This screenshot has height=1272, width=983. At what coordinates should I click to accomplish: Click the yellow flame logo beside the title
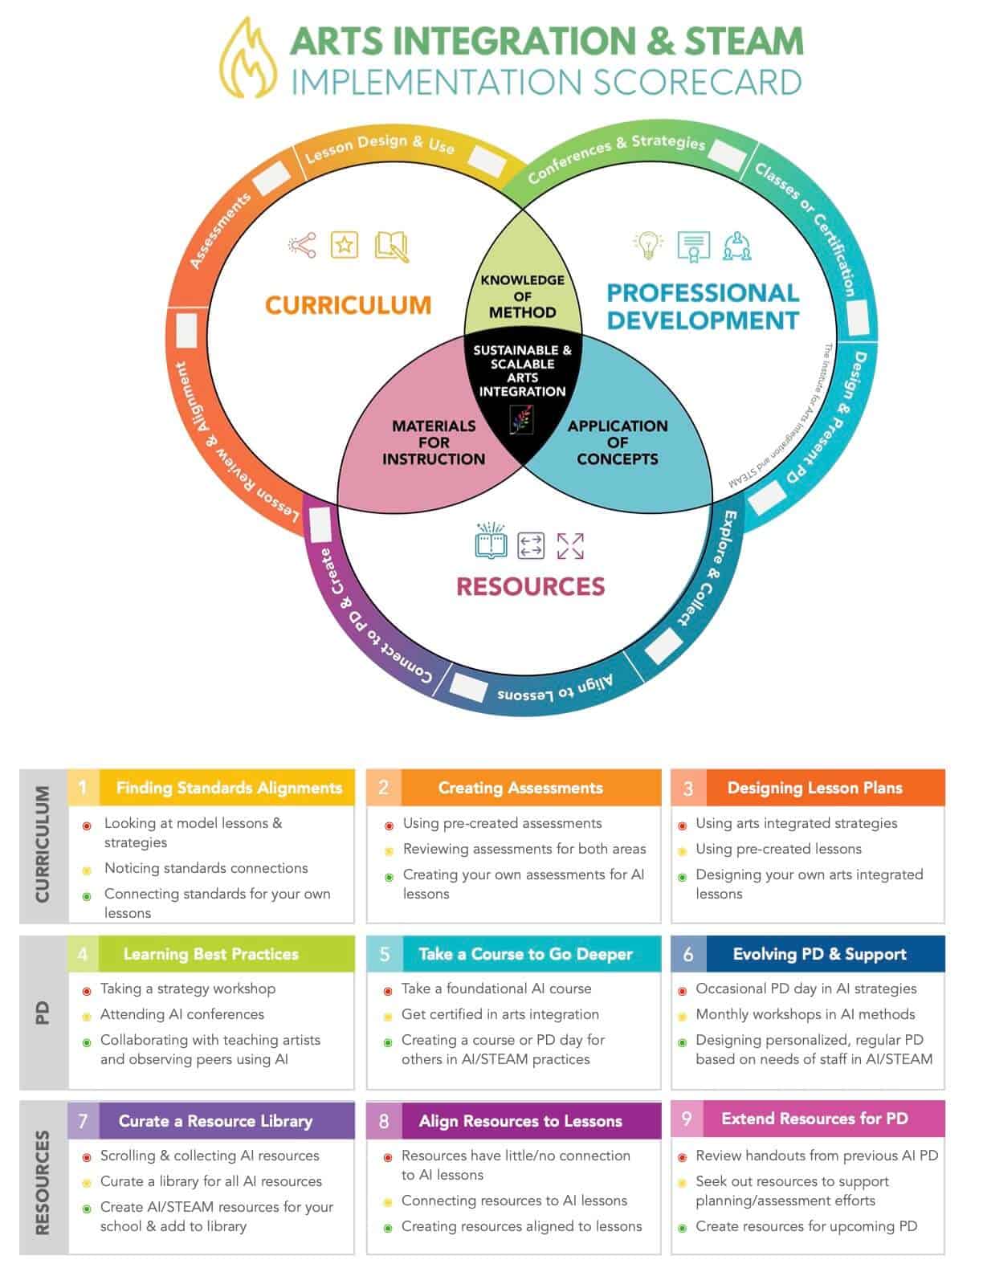pyautogui.click(x=247, y=59)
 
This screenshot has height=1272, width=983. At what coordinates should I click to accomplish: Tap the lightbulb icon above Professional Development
pyautogui.click(x=647, y=245)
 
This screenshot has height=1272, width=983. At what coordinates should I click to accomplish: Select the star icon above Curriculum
pyautogui.click(x=345, y=245)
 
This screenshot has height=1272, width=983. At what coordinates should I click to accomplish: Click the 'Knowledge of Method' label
pyautogui.click(x=522, y=296)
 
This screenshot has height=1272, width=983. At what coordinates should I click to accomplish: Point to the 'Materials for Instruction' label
pyautogui.click(x=434, y=442)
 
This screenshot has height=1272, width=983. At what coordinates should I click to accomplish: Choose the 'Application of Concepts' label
pyautogui.click(x=618, y=442)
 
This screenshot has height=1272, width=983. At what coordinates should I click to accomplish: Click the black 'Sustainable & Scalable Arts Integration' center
pyautogui.click(x=522, y=370)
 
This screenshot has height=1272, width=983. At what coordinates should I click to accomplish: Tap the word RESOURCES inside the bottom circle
pyautogui.click(x=530, y=586)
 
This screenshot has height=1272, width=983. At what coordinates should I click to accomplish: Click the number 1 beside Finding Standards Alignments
pyautogui.click(x=84, y=787)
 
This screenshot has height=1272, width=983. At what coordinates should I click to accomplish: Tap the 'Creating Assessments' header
pyautogui.click(x=520, y=788)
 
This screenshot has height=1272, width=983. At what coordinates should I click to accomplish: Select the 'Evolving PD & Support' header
pyautogui.click(x=819, y=954)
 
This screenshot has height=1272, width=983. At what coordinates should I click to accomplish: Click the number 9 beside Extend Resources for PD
pyautogui.click(x=687, y=1119)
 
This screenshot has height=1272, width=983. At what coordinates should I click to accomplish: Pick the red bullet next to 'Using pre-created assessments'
pyautogui.click(x=389, y=826)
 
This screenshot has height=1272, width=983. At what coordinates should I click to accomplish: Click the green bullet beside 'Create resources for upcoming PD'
pyautogui.click(x=682, y=1228)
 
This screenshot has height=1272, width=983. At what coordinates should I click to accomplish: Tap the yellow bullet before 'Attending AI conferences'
pyautogui.click(x=87, y=1017)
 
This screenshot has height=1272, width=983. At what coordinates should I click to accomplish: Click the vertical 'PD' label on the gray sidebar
pyautogui.click(x=42, y=1012)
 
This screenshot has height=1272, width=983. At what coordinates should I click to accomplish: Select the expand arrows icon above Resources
pyautogui.click(x=569, y=545)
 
